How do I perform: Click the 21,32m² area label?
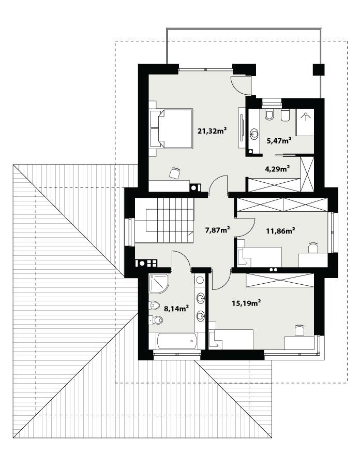(213, 131)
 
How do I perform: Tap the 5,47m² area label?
(278, 140)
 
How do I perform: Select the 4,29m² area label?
(277, 168)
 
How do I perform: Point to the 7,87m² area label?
(217, 230)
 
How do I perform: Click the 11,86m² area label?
(280, 230)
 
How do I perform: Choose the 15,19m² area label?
(246, 303)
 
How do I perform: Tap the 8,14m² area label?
(176, 309)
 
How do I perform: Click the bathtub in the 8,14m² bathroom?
(173, 342)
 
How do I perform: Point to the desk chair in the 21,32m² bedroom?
(175, 172)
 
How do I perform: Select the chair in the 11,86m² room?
(313, 248)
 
